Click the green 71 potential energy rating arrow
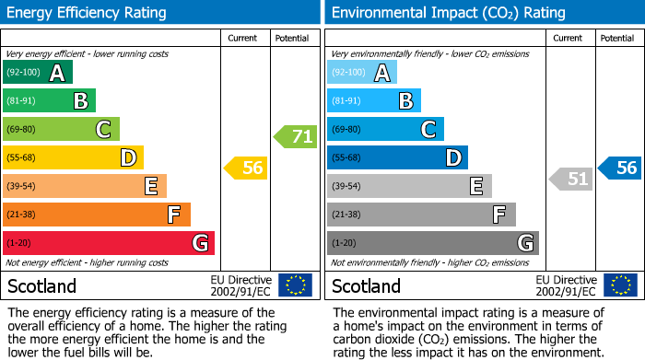point(296,137)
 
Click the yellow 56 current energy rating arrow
point(246,168)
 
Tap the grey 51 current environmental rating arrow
point(571,179)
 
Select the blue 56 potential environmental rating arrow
point(620,168)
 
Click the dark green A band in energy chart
point(38,73)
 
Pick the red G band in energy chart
point(109,243)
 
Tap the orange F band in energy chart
point(97,215)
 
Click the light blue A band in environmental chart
point(362,73)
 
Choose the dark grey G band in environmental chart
point(433,243)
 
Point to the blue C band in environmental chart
point(386,130)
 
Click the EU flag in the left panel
point(295,285)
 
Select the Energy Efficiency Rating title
point(87,13)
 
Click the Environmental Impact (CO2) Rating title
point(448,13)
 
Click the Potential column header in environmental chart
point(617,38)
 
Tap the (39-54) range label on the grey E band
point(347,187)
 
